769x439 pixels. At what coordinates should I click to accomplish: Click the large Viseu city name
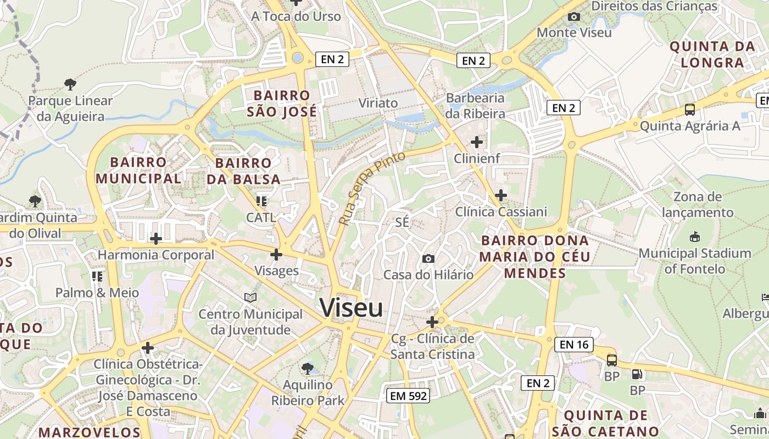pos(351,308)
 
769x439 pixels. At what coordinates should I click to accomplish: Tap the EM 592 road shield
pos(407,396)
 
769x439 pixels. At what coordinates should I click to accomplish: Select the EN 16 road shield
pos(574,345)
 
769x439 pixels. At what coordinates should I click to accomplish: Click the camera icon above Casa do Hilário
pos(428,258)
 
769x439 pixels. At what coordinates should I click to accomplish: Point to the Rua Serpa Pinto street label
pos(372,188)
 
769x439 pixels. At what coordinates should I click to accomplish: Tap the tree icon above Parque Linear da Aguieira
pos(70,85)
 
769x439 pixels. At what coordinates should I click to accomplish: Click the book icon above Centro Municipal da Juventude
pos(250,297)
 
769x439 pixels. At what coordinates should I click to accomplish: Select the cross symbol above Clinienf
pos(476,143)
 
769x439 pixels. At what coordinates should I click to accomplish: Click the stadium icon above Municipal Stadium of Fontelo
pos(694,237)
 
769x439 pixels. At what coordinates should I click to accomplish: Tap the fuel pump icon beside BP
pos(637,375)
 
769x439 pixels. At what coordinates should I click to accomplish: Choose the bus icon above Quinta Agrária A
pos(689,110)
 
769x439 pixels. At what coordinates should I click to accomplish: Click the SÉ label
pos(403,222)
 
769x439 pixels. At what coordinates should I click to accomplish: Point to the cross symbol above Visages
pos(276,255)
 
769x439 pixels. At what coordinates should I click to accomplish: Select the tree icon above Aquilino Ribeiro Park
pos(308,368)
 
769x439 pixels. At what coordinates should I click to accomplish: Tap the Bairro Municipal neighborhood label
pos(138,170)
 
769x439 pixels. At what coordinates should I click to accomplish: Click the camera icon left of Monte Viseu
pos(574,17)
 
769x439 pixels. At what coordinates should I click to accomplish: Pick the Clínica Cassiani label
pos(501,212)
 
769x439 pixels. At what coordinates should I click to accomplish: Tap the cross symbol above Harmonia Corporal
pos(156,239)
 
